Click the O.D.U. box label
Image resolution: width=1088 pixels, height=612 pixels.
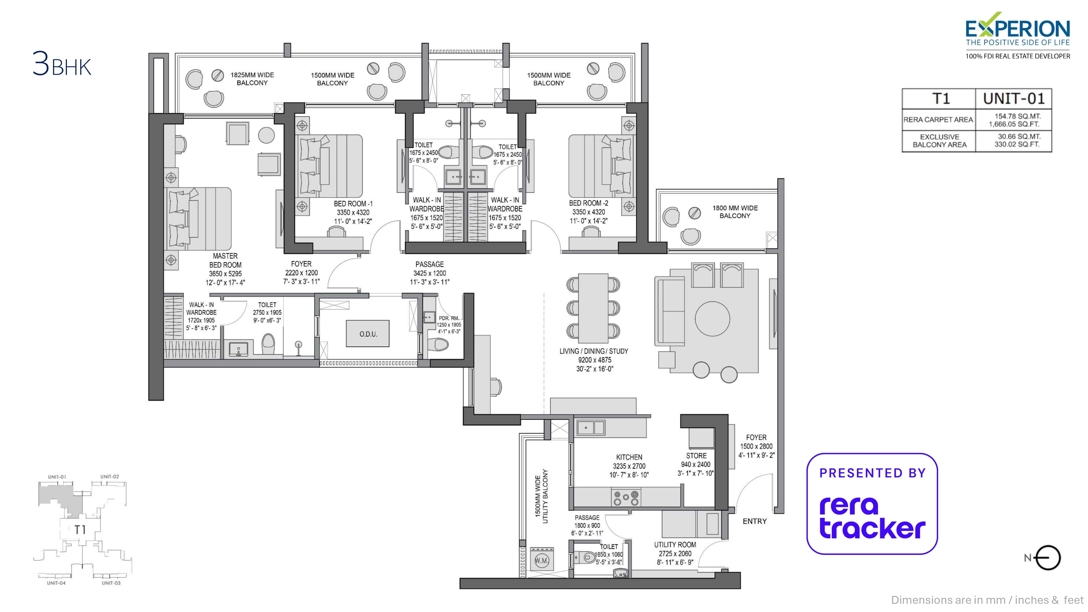[368, 334]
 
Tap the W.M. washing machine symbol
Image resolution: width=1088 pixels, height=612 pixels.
[542, 561]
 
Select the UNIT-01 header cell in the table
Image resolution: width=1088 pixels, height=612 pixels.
[1013, 99]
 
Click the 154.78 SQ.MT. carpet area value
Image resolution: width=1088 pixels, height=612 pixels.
[1017, 116]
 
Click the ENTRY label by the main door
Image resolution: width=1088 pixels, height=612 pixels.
[754, 521]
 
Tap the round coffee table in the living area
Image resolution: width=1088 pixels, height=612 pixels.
[712, 319]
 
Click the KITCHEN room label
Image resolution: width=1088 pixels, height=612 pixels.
[629, 457]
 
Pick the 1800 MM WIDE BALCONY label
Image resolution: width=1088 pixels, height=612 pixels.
[735, 212]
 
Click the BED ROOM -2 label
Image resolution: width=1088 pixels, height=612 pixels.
[588, 203]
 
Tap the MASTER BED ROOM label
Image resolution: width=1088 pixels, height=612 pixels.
[225, 260]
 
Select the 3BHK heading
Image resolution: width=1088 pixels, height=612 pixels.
[62, 65]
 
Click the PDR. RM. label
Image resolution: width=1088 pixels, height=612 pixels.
[449, 318]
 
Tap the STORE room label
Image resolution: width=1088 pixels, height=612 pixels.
[696, 456]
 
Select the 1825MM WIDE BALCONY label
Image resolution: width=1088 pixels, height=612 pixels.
[252, 79]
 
